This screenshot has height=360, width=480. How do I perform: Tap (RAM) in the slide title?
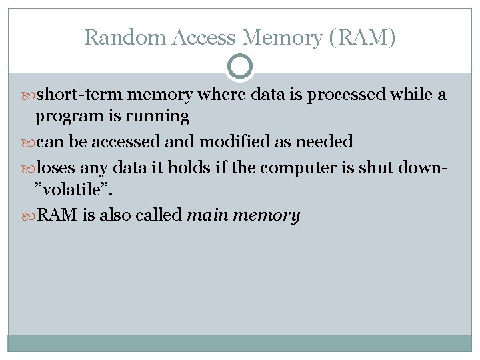pyautogui.click(x=362, y=37)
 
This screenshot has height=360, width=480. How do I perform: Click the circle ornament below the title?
pyautogui.click(x=240, y=67)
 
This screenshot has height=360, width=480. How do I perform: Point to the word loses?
pyautogui.click(x=55, y=167)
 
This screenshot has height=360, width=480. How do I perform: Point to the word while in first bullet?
pyautogui.click(x=411, y=95)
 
